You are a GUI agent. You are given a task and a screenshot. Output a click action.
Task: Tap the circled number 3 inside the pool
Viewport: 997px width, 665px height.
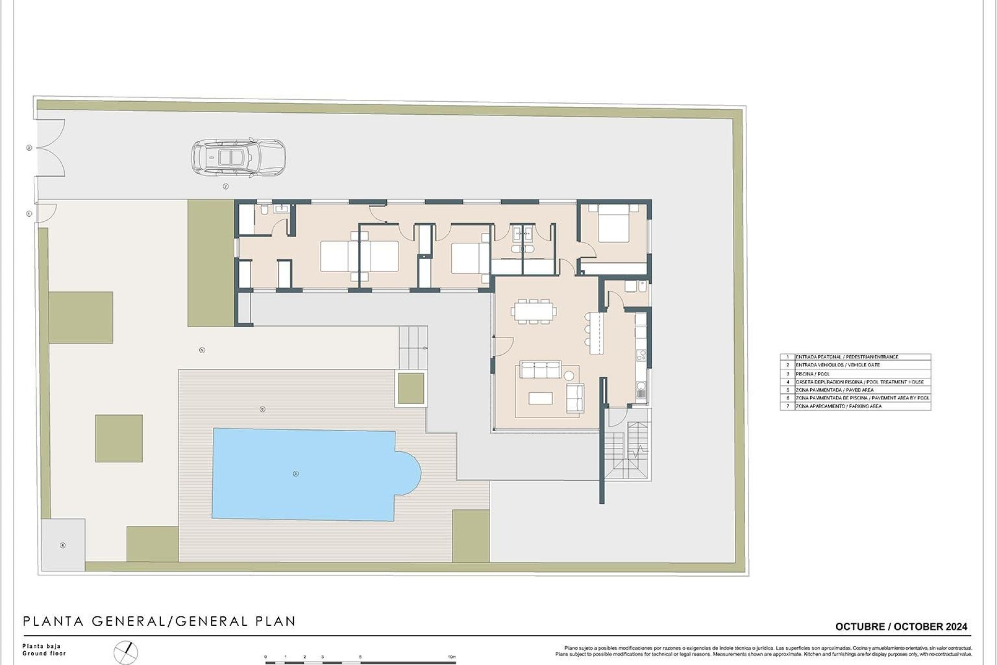pyautogui.click(x=295, y=473)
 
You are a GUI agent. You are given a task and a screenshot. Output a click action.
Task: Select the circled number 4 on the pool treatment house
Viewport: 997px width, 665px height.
pyautogui.click(x=63, y=545)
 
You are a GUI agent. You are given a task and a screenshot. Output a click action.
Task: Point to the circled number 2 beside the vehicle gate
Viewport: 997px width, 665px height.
pyautogui.click(x=29, y=148)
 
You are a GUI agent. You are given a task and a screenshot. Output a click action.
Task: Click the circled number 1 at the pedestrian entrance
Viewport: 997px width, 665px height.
pyautogui.click(x=29, y=214)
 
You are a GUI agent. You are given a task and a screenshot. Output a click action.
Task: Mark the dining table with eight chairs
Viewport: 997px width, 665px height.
pyautogui.click(x=533, y=311)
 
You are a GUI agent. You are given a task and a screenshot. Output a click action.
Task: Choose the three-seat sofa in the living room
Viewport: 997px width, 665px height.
pyautogui.click(x=541, y=370)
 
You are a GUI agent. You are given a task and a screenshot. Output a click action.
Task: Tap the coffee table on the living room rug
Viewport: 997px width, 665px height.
pyautogui.click(x=540, y=398)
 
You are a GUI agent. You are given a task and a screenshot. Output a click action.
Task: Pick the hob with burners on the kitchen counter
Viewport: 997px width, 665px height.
pyautogui.click(x=642, y=355)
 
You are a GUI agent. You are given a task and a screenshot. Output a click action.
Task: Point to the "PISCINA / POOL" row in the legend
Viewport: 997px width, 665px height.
pyautogui.click(x=813, y=374)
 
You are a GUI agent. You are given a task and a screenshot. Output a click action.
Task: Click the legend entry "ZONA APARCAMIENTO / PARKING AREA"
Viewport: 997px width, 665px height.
pyautogui.click(x=838, y=406)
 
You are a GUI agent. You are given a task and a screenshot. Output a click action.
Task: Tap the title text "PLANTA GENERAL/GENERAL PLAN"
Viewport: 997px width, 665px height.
pyautogui.click(x=159, y=621)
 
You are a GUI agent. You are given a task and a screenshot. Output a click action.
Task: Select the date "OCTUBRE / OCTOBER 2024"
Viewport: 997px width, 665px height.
pyautogui.click(x=901, y=627)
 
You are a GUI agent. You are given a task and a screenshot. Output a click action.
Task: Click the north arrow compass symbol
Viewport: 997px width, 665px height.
pyautogui.click(x=127, y=651)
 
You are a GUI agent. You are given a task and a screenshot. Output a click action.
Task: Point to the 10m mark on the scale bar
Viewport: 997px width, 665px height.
pyautogui.click(x=452, y=657)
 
